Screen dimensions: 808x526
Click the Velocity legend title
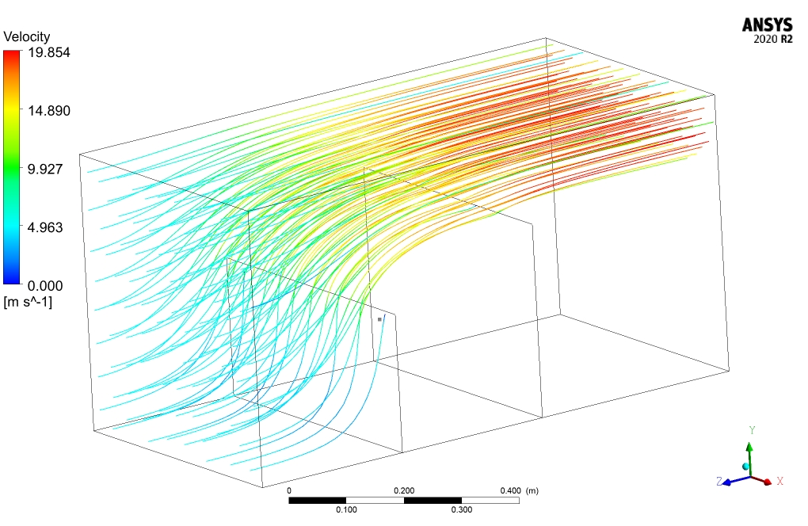pos(27,36)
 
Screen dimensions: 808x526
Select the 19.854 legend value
pos(49,52)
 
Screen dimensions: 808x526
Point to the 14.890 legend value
pos(49,111)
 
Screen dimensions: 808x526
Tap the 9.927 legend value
pos(45,169)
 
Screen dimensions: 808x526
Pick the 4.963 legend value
pos(45,227)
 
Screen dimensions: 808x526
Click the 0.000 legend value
pos(45,286)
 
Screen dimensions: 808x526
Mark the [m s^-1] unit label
pos(28,302)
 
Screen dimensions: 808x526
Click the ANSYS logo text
pos(768,25)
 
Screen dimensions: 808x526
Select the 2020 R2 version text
pos(773,39)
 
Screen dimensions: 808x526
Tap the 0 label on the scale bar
pos(289,490)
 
